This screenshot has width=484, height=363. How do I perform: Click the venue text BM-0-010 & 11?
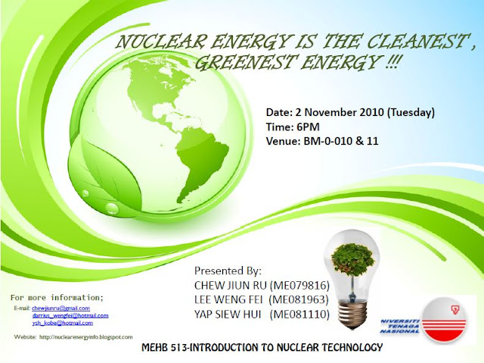pos(334,140)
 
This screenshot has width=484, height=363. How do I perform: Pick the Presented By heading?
pos(228,271)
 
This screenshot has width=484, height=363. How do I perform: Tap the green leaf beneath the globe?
pos(106,186)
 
